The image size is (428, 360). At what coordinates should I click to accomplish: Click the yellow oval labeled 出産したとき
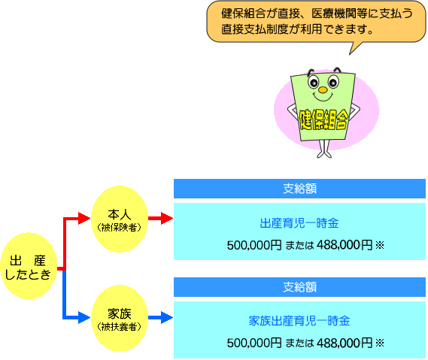pyautogui.click(x=29, y=266)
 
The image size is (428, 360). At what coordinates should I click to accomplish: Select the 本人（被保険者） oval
pyautogui.click(x=120, y=219)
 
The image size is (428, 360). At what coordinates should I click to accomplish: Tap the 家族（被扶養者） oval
pyautogui.click(x=120, y=318)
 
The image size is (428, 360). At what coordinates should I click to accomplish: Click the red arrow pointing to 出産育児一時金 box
pyautogui.click(x=161, y=218)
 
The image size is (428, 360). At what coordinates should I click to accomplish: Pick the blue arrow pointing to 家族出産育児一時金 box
pyautogui.click(x=161, y=317)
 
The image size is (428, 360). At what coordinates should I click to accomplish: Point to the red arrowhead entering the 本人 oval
pyautogui.click(x=84, y=218)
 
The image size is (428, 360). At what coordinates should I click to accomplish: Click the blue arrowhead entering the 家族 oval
pyautogui.click(x=84, y=317)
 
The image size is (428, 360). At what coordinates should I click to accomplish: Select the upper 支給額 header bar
pyautogui.click(x=299, y=189)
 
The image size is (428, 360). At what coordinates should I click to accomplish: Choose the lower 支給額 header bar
pyautogui.click(x=299, y=287)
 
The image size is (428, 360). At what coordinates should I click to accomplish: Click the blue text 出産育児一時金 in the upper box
pyautogui.click(x=299, y=223)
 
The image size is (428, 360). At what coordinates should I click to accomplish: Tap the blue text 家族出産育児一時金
pyautogui.click(x=299, y=321)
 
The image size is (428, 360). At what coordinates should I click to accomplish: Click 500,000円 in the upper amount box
pyautogui.click(x=254, y=245)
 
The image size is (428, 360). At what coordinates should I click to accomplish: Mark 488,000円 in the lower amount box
pyautogui.click(x=345, y=343)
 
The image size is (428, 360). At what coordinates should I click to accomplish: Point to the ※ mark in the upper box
pyautogui.click(x=380, y=245)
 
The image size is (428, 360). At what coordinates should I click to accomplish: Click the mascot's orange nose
pyautogui.click(x=323, y=89)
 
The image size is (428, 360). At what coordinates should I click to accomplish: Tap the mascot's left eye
pyautogui.click(x=314, y=81)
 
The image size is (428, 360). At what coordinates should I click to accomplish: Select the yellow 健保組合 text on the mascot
pyautogui.click(x=323, y=119)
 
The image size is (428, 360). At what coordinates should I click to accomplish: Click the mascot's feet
pyautogui.click(x=324, y=154)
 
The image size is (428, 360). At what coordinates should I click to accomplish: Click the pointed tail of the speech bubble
pyautogui.click(x=349, y=55)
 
